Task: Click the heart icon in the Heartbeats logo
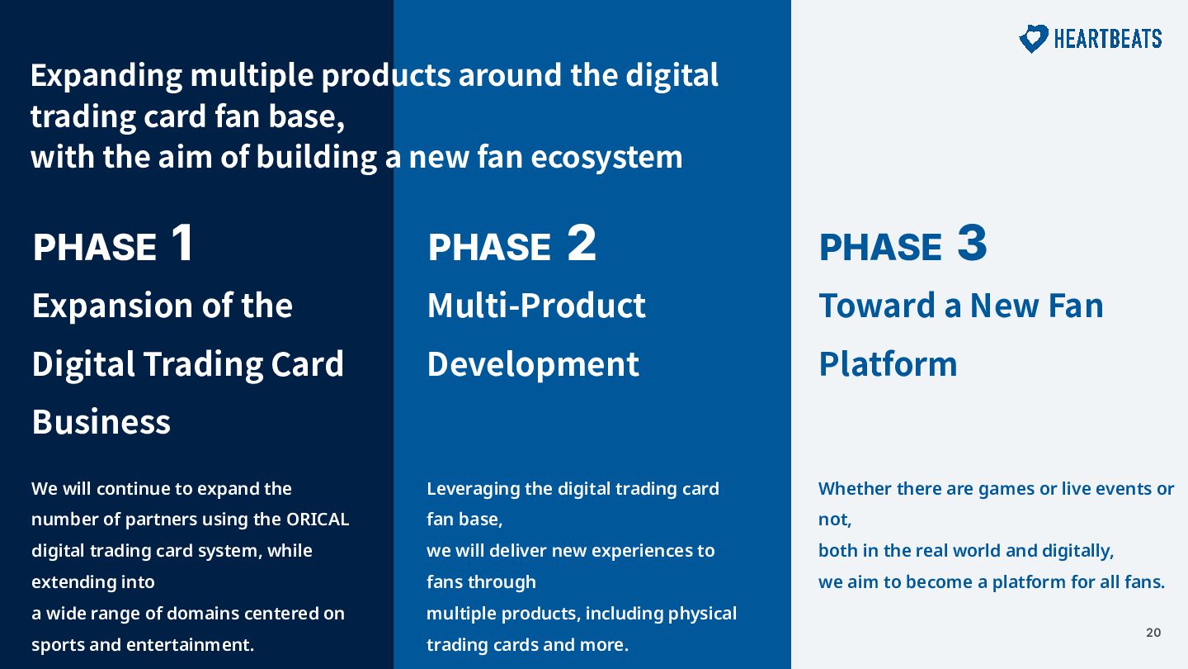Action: pos(1033,38)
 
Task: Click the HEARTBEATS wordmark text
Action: pos(1108,39)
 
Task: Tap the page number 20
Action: pos(1153,633)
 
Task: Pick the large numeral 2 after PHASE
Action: pos(582,242)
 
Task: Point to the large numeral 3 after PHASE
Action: pos(972,242)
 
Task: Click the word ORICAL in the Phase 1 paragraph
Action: pos(318,519)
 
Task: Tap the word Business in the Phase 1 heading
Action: pos(101,421)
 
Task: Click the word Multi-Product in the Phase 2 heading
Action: pos(536,306)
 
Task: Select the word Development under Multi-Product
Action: pos(533,364)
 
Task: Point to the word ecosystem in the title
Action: pos(606,157)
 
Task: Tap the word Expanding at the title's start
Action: pos(106,75)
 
